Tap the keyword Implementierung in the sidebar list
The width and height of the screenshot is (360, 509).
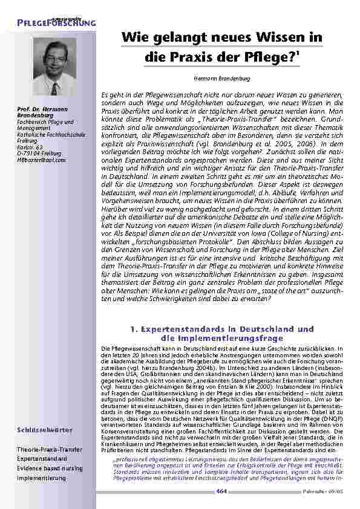click(41, 477)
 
